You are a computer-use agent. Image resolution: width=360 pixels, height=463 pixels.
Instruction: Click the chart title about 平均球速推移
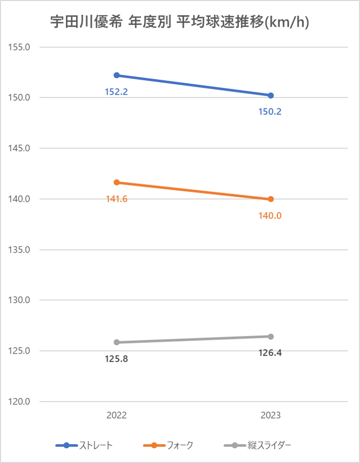180,23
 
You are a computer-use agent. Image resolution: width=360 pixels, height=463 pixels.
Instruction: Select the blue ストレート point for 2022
116,75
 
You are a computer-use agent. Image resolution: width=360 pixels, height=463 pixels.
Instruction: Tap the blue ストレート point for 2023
271,96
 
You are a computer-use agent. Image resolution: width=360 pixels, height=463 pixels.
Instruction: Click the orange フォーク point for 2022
116,182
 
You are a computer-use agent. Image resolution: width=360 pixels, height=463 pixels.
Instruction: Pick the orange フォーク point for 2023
271,199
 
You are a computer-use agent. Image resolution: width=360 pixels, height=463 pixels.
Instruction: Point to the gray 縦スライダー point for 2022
116,342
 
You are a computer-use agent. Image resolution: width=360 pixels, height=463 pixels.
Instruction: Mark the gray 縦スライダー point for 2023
271,336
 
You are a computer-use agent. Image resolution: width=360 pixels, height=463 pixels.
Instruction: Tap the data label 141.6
116,199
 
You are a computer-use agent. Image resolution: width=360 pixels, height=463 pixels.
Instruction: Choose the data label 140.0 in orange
271,216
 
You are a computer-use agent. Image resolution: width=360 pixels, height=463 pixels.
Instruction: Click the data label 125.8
116,359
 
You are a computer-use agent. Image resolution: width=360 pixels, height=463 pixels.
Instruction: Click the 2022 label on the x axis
116,415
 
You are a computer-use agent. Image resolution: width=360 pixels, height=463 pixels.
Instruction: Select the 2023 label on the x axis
271,415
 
